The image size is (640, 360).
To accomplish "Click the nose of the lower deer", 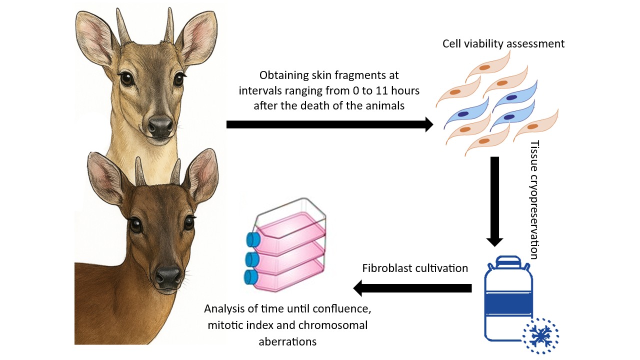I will click(168, 274).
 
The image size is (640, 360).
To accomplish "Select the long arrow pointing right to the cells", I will click(330, 124).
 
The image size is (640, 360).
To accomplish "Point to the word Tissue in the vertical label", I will click(534, 152).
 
